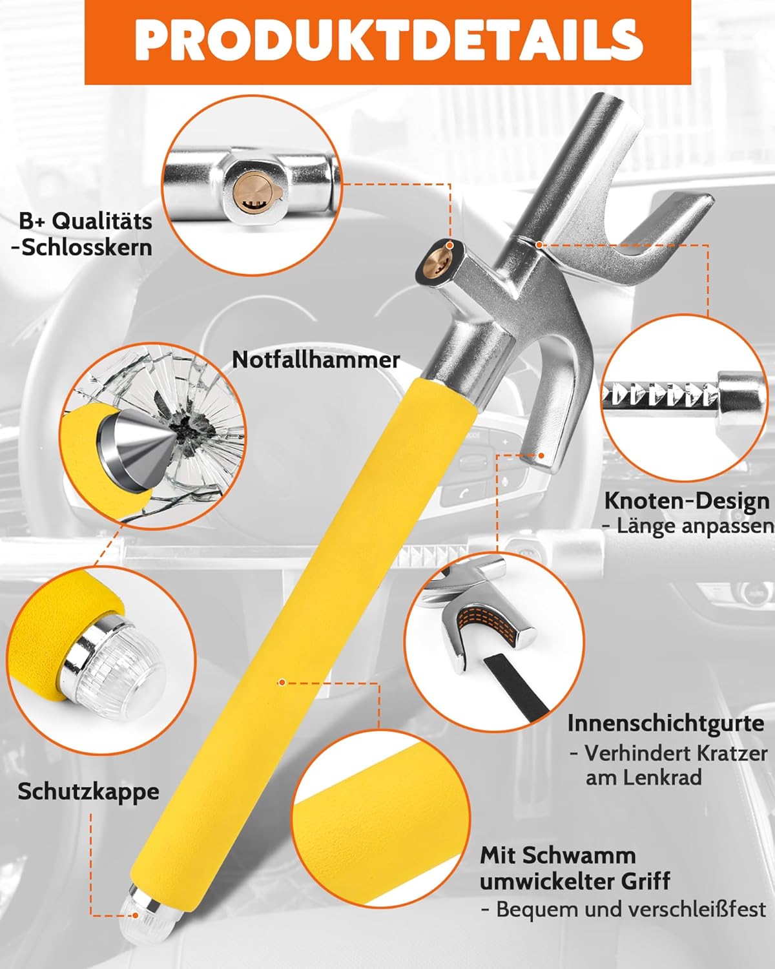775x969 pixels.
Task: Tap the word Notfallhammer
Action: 316,360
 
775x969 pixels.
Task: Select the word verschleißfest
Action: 696,909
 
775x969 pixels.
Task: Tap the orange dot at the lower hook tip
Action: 541,455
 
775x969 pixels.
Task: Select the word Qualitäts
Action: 102,221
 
